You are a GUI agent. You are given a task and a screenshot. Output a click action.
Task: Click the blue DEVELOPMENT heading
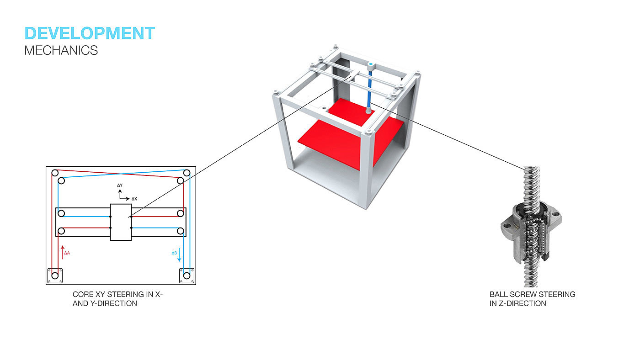coord(90,33)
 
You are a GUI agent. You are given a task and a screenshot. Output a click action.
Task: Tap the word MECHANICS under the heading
coord(61,51)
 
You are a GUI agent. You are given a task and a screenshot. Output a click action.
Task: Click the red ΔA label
coord(67,253)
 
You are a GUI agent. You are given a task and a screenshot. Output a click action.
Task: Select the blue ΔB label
coord(174,253)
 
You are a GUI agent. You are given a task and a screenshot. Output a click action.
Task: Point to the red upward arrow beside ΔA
coord(63,252)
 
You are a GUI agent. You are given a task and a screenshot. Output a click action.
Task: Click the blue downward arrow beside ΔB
coord(179,254)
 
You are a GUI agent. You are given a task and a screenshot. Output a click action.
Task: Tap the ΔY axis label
coord(120,185)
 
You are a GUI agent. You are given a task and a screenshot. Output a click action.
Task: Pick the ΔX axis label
coord(134,199)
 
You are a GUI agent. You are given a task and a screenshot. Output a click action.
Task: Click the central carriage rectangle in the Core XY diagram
coord(121,222)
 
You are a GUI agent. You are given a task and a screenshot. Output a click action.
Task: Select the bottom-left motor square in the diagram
coord(55,276)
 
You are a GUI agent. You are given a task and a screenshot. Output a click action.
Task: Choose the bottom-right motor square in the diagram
coord(187,276)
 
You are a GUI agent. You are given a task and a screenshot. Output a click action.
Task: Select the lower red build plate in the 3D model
coord(351,143)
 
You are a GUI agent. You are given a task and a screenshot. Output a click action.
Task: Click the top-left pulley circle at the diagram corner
coord(55,173)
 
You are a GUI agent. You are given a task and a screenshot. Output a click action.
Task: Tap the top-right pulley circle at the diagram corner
coord(187,173)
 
